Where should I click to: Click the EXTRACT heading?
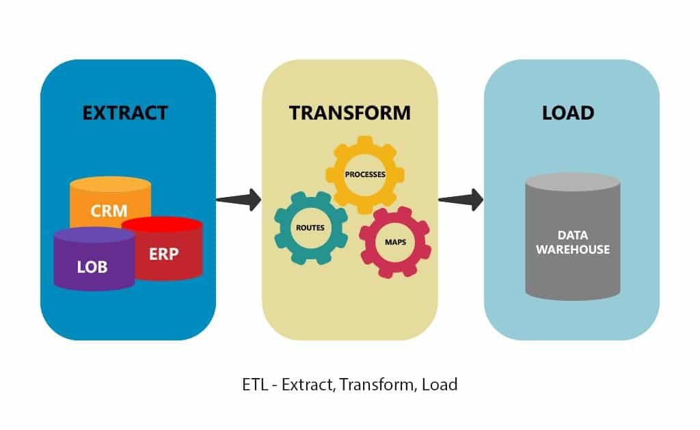tap(125, 112)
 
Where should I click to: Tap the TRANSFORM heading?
tap(350, 112)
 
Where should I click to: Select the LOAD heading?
tap(567, 112)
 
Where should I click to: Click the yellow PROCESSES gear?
tap(365, 174)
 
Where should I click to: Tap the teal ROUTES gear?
tap(310, 227)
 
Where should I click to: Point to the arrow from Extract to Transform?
tap(239, 200)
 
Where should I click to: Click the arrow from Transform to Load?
tap(460, 200)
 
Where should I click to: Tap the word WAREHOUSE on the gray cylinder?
tap(572, 250)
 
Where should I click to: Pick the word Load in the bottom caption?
tap(440, 384)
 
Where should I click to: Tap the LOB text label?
tap(93, 267)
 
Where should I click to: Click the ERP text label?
tap(164, 254)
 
